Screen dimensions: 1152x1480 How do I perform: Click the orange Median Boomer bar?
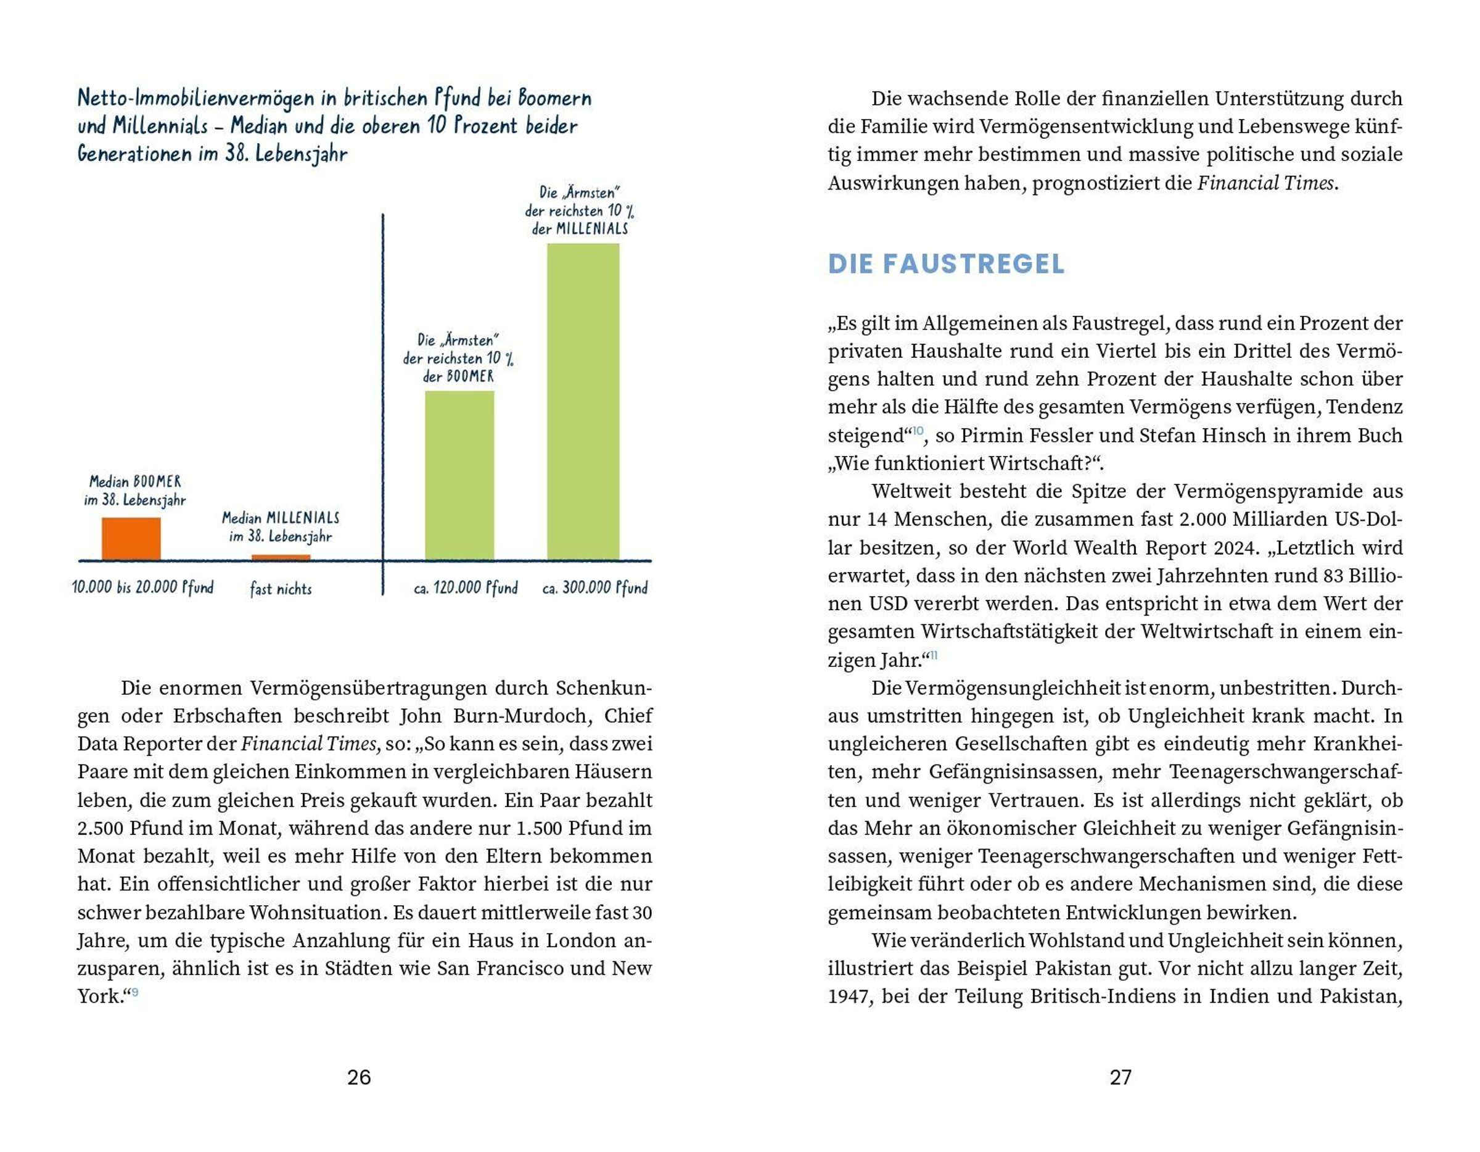click(131, 539)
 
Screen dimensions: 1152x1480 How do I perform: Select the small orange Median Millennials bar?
click(281, 557)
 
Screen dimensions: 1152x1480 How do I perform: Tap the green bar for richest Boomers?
click(459, 474)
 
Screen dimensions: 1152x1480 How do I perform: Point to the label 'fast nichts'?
click(281, 589)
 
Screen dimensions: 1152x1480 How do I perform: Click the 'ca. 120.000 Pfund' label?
click(466, 588)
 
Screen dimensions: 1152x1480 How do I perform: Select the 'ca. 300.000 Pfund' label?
click(595, 588)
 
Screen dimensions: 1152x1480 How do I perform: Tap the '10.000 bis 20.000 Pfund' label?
click(143, 587)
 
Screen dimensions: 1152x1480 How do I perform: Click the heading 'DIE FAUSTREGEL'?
click(946, 263)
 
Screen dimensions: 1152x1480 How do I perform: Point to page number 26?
click(358, 1077)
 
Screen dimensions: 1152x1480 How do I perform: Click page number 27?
click(1120, 1077)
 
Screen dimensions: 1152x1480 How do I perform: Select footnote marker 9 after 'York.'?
click(135, 993)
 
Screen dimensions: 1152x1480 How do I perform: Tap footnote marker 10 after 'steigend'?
click(918, 431)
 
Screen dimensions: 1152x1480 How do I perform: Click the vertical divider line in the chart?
click(383, 407)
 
